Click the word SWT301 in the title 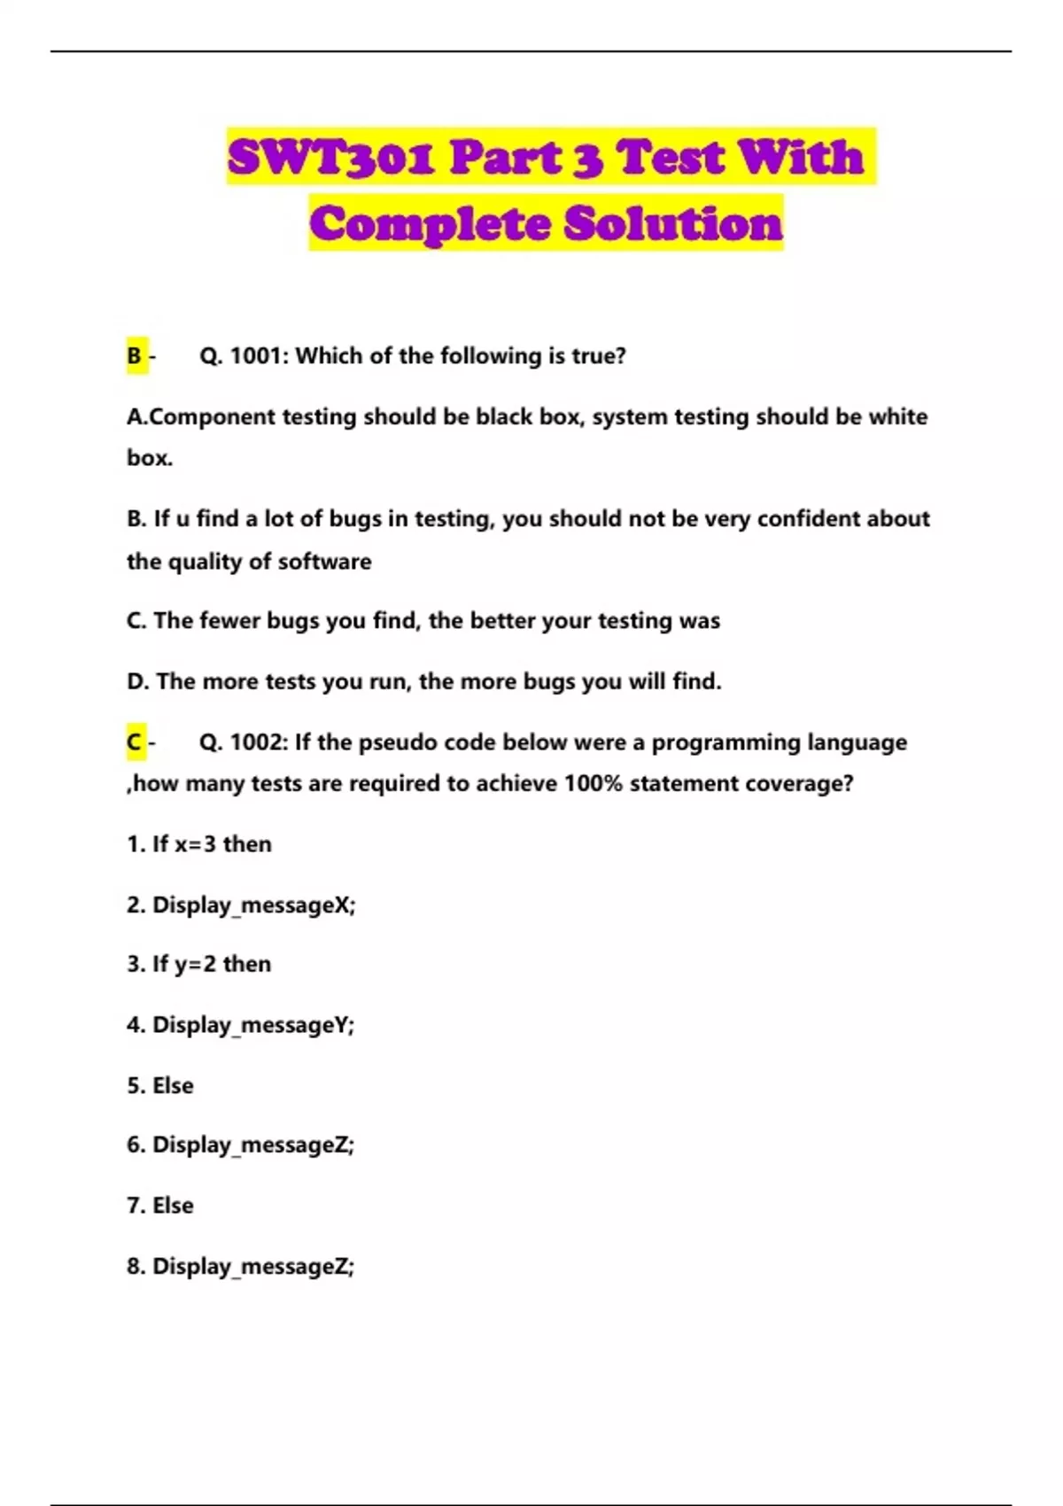(330, 158)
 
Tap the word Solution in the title (673, 223)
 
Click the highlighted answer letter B (135, 356)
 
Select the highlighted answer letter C (135, 742)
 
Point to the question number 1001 (259, 356)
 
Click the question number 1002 (259, 742)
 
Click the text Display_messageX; (253, 905)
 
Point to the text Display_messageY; (253, 1026)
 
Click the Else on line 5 (173, 1086)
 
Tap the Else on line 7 (173, 1206)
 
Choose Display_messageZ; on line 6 (253, 1145)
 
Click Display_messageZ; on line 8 (253, 1267)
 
